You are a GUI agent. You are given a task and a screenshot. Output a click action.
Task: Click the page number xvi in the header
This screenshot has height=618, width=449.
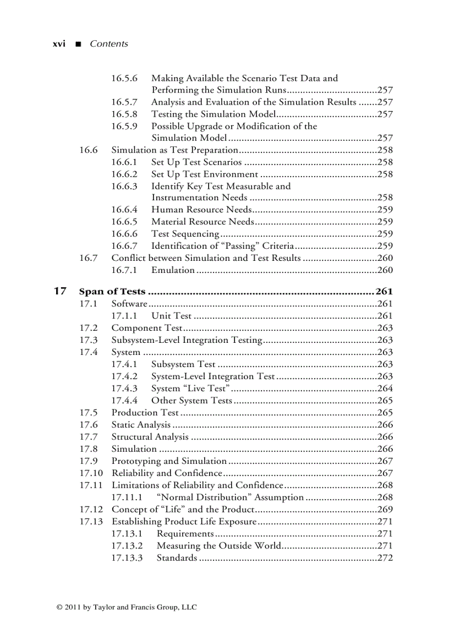pyautogui.click(x=58, y=44)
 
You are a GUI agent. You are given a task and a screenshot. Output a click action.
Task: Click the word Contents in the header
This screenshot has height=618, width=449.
pyautogui.click(x=108, y=44)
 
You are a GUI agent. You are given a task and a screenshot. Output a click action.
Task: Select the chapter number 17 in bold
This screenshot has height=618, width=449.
pyautogui.click(x=60, y=291)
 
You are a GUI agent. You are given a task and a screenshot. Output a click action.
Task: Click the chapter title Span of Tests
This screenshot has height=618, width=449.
pyautogui.click(x=112, y=292)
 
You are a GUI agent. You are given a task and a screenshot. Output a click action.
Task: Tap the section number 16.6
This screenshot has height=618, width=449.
pyautogui.click(x=88, y=150)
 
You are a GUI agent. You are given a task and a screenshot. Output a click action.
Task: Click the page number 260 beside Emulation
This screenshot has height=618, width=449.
pyautogui.click(x=385, y=270)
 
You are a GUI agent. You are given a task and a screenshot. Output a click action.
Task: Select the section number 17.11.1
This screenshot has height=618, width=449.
pyautogui.click(x=127, y=497)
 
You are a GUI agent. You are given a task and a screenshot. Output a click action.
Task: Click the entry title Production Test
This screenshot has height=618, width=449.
pyautogui.click(x=145, y=413)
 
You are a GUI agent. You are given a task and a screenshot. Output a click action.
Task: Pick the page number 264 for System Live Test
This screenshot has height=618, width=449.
pyautogui.click(x=385, y=389)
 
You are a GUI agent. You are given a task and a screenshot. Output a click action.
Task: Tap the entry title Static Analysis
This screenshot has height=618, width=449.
pyautogui.click(x=141, y=425)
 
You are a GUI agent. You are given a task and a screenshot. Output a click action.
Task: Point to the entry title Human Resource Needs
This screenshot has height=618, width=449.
pyautogui.click(x=201, y=210)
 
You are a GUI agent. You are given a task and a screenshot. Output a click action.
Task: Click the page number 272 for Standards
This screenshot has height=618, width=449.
pyautogui.click(x=385, y=558)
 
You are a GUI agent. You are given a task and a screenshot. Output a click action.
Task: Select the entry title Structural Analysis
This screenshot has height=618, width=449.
pyautogui.click(x=150, y=437)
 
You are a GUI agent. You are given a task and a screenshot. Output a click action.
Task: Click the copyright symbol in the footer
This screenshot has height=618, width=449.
pyautogui.click(x=59, y=608)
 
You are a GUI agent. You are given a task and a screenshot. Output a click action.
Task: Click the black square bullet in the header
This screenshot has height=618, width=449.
pyautogui.click(x=78, y=44)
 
